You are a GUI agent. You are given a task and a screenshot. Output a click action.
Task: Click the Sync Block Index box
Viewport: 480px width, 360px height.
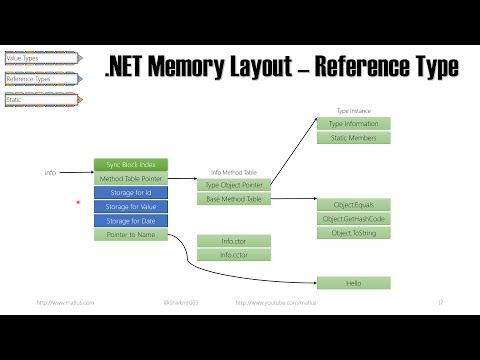tap(131, 164)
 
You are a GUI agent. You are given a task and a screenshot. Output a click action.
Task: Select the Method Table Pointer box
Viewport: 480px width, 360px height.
tap(131, 178)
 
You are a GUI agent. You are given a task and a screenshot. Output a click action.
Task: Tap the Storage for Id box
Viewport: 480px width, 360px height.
tap(131, 192)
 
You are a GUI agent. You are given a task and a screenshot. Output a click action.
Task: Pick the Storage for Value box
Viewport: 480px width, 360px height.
tap(131, 206)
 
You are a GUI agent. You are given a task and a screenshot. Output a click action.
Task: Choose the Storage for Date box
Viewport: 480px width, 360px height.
tap(131, 220)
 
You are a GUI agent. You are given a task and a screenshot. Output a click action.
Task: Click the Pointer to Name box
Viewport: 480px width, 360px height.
tap(131, 234)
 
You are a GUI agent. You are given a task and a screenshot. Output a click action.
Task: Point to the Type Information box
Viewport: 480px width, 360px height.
tap(353, 123)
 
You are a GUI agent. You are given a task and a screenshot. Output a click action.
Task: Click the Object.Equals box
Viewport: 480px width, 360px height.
tap(353, 204)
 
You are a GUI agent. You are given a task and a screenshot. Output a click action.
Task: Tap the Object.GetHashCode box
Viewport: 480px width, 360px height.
tap(353, 218)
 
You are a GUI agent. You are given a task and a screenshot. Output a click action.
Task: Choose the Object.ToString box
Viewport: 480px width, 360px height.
tap(353, 232)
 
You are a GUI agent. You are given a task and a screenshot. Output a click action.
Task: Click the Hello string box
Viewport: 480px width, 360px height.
tap(353, 283)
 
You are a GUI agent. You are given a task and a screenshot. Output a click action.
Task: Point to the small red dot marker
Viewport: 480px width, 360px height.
tap(77, 202)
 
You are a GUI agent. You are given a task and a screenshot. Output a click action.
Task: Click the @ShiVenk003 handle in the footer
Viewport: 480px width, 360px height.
tap(181, 302)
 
